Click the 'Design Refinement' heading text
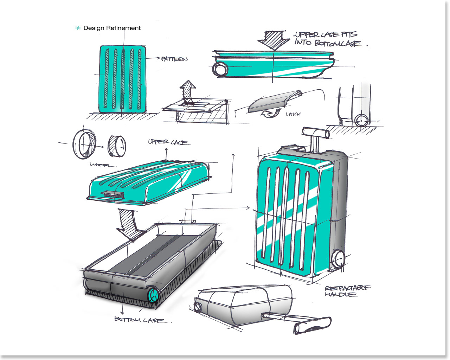(x=112, y=28)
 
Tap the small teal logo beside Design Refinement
(x=78, y=28)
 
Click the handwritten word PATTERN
(x=174, y=59)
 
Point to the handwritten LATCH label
(x=293, y=114)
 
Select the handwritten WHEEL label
(x=103, y=165)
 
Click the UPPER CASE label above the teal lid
(x=168, y=142)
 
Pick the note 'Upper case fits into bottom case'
(x=327, y=39)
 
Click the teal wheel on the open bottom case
(x=153, y=295)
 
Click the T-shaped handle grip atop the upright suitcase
(x=316, y=132)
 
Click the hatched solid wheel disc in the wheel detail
(x=117, y=146)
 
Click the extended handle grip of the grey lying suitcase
(x=312, y=326)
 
